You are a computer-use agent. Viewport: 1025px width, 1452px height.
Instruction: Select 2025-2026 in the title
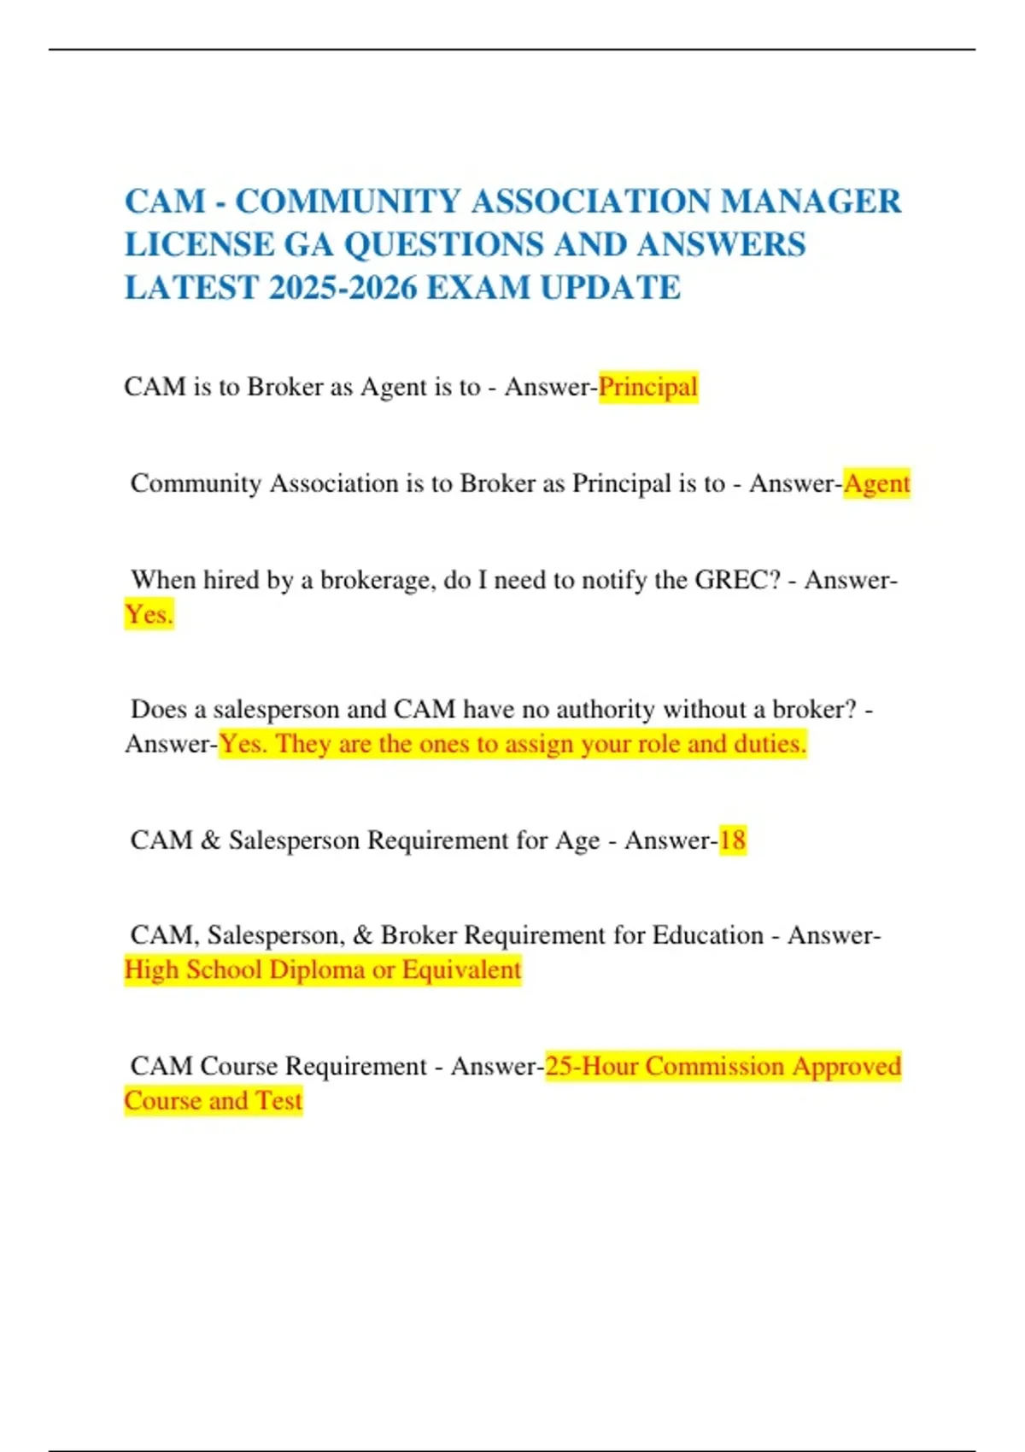tap(342, 287)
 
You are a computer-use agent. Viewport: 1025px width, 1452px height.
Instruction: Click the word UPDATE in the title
tap(610, 287)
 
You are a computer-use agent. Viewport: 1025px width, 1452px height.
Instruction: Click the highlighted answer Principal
tap(647, 387)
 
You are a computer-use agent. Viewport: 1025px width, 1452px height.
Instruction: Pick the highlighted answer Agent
tap(876, 483)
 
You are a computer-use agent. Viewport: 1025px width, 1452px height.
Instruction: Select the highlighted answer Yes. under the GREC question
tap(149, 614)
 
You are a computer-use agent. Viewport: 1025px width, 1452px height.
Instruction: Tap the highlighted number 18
tap(732, 840)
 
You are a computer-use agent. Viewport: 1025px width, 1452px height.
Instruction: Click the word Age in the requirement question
tap(577, 840)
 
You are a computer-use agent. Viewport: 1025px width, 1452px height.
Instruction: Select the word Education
tap(707, 935)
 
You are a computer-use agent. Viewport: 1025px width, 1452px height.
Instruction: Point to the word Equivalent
tap(461, 970)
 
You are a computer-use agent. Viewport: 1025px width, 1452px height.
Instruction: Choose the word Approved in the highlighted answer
tap(846, 1066)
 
